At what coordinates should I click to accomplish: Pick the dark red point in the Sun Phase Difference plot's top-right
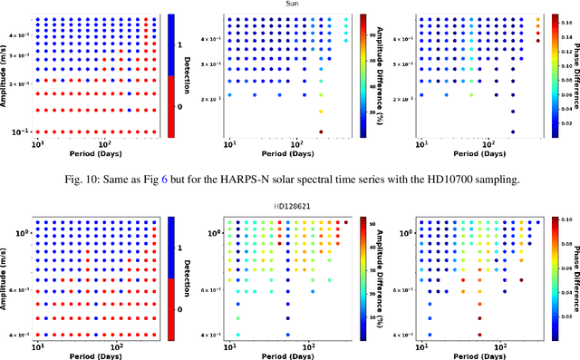click(538, 40)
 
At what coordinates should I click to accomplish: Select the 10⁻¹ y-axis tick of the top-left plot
click(20, 133)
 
